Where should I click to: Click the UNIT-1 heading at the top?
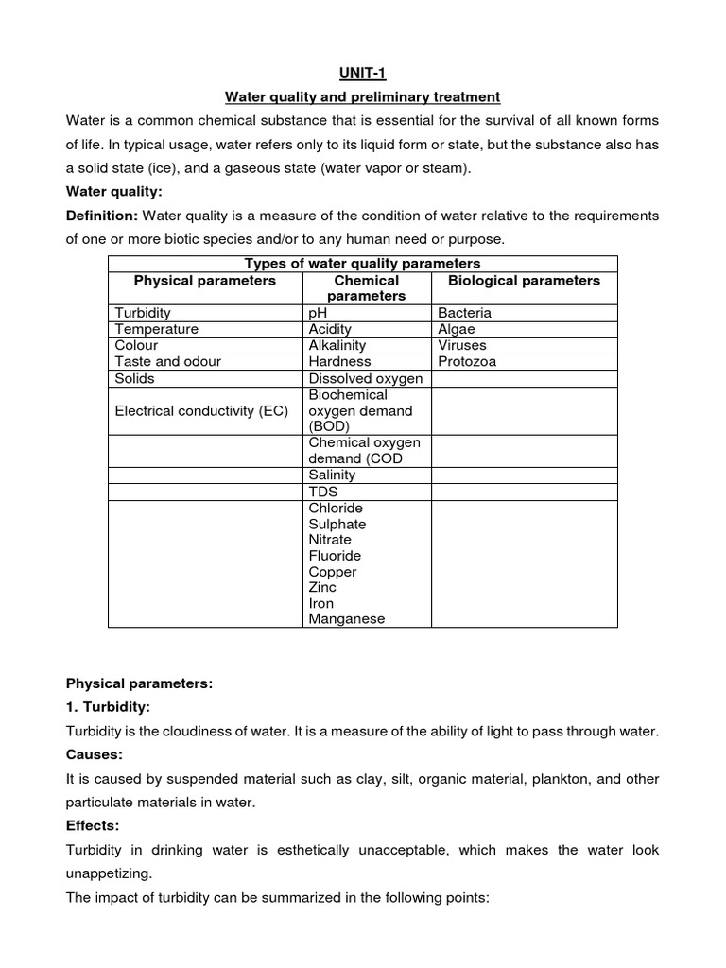[362, 73]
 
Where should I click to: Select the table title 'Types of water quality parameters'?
[362, 264]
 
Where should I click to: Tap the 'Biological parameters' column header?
[524, 281]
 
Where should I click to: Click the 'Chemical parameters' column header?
[367, 288]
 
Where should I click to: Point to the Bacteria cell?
[464, 313]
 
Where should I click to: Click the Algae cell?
[458, 329]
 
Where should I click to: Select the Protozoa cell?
[467, 361]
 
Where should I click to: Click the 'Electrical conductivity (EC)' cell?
[201, 411]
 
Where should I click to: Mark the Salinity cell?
[332, 475]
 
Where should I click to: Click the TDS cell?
[322, 493]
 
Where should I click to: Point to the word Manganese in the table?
[347, 619]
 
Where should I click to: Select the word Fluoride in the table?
[335, 556]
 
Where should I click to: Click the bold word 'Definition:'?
[102, 216]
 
